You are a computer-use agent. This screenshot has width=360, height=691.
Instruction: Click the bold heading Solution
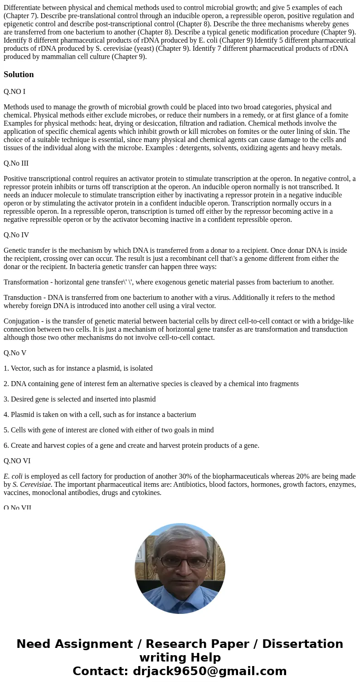point(19,74)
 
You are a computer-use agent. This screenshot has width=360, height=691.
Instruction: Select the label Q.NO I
point(15,92)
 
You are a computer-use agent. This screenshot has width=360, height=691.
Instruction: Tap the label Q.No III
point(16,163)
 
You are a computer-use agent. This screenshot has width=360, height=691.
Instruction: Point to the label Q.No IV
point(16,235)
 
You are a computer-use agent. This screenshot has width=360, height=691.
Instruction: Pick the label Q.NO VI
point(17,461)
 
